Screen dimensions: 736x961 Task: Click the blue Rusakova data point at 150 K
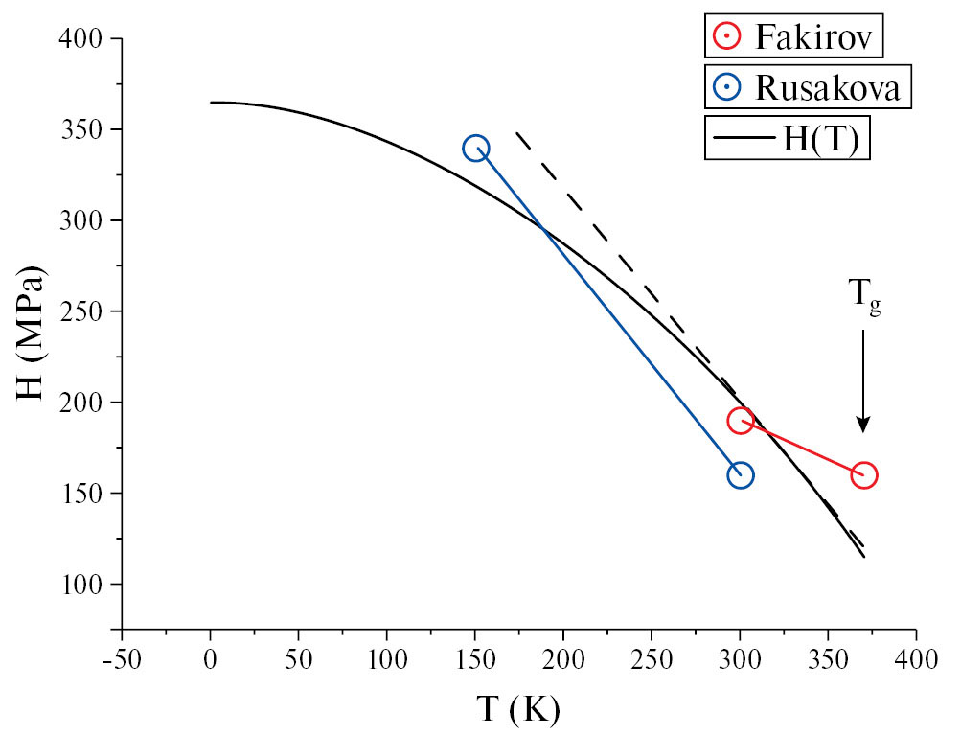tap(476, 148)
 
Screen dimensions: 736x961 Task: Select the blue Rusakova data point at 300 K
tap(740, 474)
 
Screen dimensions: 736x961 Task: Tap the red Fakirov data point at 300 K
tap(740, 420)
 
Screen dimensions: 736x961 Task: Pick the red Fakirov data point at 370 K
tap(863, 474)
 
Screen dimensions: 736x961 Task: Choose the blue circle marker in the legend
tap(727, 87)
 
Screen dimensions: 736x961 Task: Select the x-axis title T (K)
tap(517, 710)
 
